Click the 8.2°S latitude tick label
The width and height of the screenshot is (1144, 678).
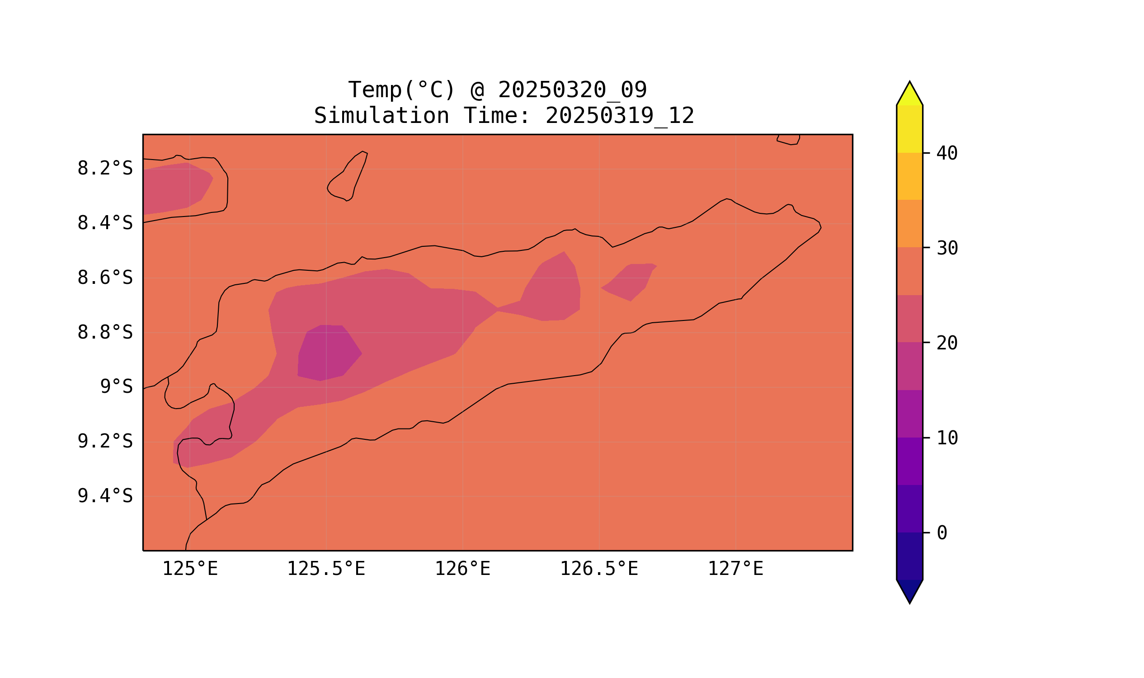[x=104, y=169]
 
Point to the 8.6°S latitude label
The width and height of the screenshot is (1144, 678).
[x=104, y=278]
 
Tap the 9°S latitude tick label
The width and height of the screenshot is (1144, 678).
[x=116, y=386]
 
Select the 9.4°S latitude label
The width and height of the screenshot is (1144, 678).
[x=104, y=496]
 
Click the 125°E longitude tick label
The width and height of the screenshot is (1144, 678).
[x=190, y=569]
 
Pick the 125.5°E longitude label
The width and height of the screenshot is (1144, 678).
[x=326, y=569]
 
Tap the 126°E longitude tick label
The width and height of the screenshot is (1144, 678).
[x=462, y=569]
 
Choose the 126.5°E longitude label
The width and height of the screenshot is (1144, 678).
[x=598, y=569]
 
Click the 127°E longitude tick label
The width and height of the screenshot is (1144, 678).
[x=735, y=569]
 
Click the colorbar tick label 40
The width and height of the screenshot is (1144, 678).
[x=946, y=154]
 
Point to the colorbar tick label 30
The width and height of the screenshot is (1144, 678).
[x=946, y=249]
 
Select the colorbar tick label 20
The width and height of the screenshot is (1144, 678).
[x=946, y=343]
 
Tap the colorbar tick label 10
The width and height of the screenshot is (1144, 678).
[x=946, y=438]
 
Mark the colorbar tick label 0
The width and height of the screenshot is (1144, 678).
[x=942, y=533]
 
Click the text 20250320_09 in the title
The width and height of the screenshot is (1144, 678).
[x=572, y=90]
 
